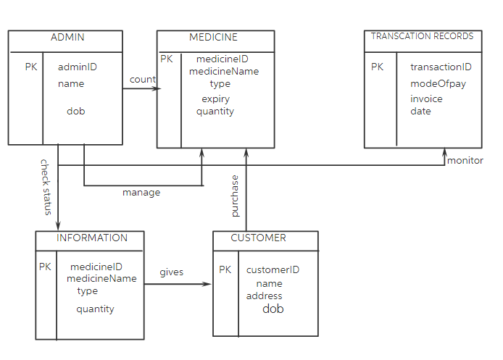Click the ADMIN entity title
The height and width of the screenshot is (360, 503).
(67, 38)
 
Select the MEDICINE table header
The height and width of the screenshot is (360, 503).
(213, 38)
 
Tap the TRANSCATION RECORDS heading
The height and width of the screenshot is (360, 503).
(422, 36)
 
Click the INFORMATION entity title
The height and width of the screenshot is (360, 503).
(92, 238)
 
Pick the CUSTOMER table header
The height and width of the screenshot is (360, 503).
(258, 238)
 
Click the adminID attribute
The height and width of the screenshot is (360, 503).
(78, 67)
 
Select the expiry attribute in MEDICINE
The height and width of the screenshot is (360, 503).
(215, 99)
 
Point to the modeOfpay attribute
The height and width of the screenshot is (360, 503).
(438, 84)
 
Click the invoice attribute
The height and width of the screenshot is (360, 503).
(426, 99)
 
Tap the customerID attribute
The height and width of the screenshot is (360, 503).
(273, 270)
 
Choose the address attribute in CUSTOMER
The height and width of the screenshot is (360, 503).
(265, 296)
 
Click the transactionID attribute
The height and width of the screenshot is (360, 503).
(441, 67)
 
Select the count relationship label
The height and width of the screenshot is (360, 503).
(143, 79)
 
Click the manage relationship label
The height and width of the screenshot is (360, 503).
(141, 193)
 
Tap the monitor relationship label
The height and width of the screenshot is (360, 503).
(465, 161)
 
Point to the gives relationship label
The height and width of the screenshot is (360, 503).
(172, 272)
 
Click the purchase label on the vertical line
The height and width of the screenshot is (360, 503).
(235, 196)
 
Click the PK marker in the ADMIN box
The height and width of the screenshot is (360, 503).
(31, 67)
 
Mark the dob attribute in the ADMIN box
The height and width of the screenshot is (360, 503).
(75, 112)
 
